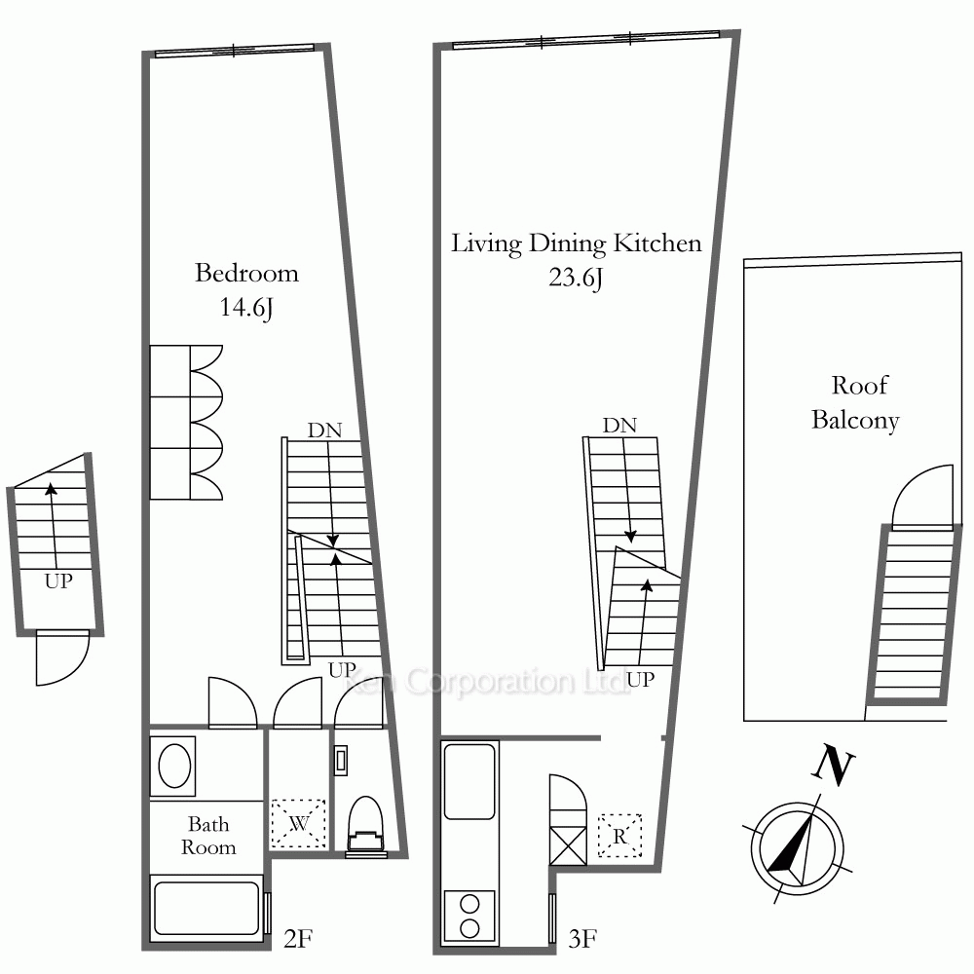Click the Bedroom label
[246, 274]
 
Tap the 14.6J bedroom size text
[246, 308]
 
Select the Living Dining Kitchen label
[577, 243]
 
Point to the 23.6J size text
[576, 277]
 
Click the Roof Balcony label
[856, 402]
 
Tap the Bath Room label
[208, 836]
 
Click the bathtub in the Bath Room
[206, 908]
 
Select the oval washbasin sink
[174, 767]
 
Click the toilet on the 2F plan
[366, 824]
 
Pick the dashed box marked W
[299, 824]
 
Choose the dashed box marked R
[619, 836]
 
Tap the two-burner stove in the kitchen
[470, 917]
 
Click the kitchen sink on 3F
[470, 781]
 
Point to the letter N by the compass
[834, 767]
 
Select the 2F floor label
[297, 939]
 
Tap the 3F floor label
[582, 939]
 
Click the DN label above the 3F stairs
[619, 426]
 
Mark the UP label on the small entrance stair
[58, 581]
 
